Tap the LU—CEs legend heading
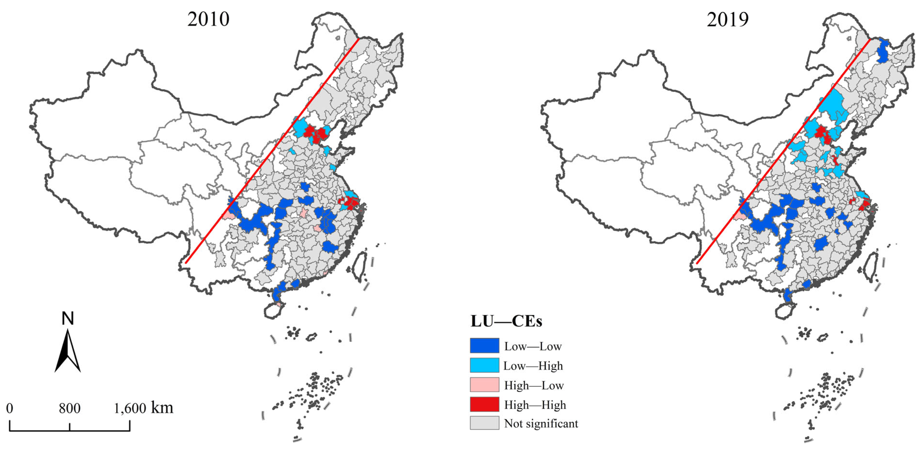(x=506, y=321)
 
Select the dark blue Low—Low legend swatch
(x=484, y=346)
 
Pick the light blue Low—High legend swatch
(x=484, y=365)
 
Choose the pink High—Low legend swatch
(x=484, y=385)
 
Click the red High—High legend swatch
(x=484, y=404)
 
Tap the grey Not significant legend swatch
(x=484, y=423)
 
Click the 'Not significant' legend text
(x=541, y=423)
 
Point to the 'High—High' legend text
(x=535, y=405)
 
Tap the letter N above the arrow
(x=68, y=318)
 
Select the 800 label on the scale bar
(x=69, y=409)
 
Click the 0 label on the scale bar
(x=10, y=409)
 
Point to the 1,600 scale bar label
(x=130, y=409)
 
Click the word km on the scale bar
(x=162, y=408)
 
